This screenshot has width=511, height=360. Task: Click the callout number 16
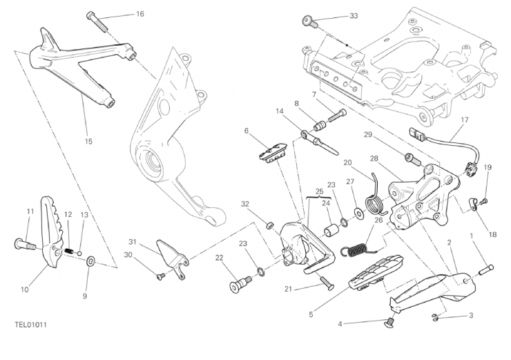point(140,14)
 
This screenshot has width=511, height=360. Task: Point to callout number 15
point(88,141)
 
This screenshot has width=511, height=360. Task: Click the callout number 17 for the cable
point(464,120)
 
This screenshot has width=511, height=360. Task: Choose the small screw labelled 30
point(160,276)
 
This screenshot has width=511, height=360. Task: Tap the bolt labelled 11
point(23,243)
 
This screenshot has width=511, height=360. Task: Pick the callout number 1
point(472,236)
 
